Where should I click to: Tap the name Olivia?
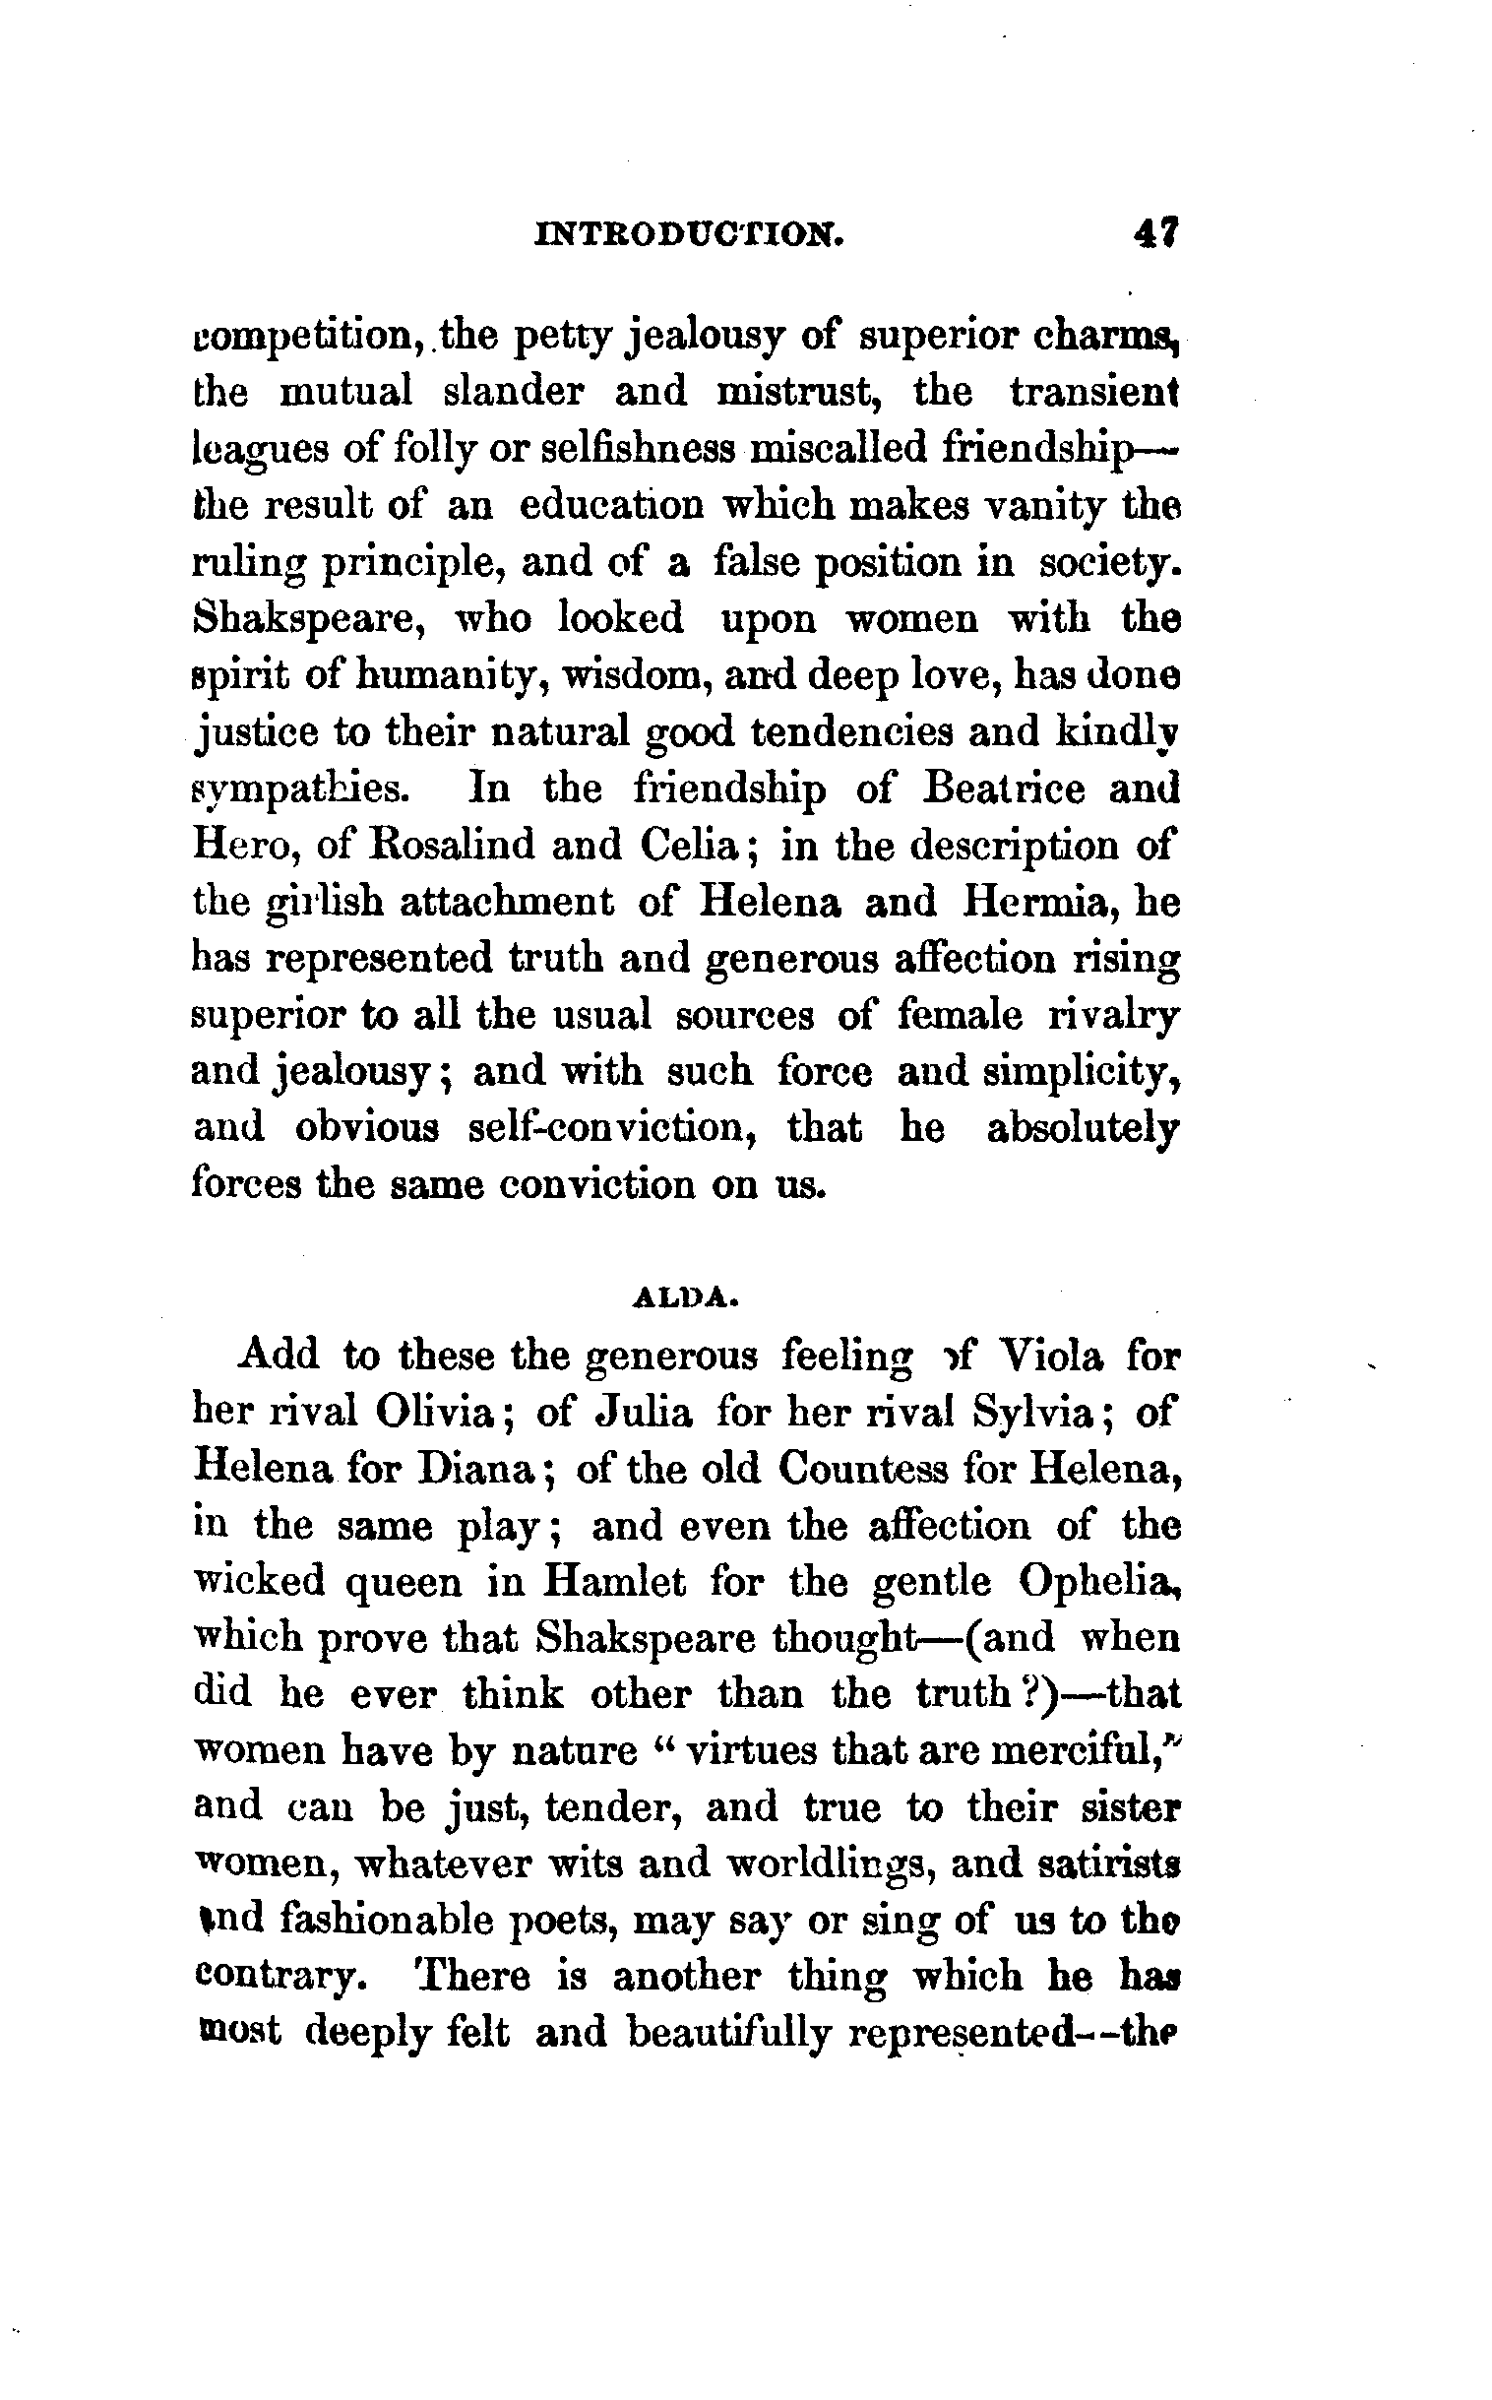coord(435,1413)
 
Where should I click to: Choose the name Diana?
coord(477,1470)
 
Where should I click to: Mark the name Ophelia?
coord(1097,1582)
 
